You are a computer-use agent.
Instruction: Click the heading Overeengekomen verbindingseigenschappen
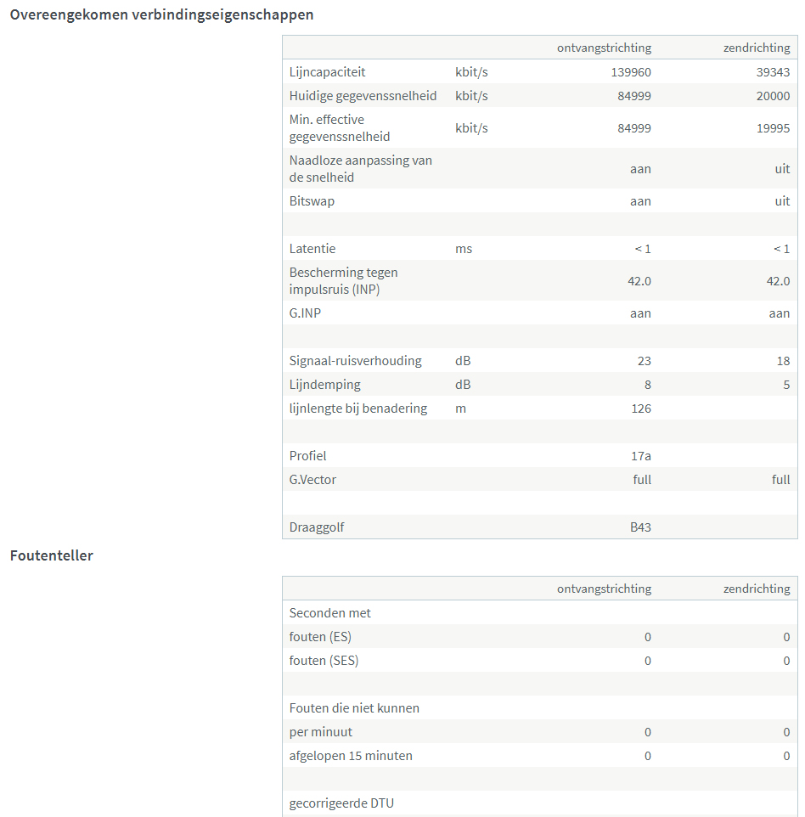tap(161, 14)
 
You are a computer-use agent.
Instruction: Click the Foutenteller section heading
tap(52, 555)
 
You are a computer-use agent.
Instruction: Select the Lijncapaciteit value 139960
tap(631, 72)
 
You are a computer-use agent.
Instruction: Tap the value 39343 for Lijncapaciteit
tap(773, 72)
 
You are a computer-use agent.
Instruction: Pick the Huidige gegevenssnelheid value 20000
tap(773, 96)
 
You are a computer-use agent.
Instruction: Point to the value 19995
tap(773, 128)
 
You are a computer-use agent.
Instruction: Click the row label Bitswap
tap(312, 201)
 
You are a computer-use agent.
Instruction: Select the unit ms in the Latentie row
tap(464, 249)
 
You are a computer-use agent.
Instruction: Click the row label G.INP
tap(305, 313)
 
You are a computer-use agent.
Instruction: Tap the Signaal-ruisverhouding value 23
tap(644, 361)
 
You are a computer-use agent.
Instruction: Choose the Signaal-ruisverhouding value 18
tap(783, 361)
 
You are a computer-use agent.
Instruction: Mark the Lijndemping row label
tap(324, 385)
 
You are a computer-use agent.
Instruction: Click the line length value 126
tap(641, 408)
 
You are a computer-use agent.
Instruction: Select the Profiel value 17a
tap(641, 456)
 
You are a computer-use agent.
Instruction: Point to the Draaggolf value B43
tap(640, 527)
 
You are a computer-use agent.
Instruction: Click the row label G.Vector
tap(312, 480)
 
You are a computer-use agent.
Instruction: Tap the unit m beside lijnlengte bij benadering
tap(461, 408)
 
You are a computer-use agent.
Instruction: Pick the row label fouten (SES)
tap(324, 661)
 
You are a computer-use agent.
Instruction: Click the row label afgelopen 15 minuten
tap(351, 756)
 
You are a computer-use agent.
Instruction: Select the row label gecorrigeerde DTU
tap(341, 803)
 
